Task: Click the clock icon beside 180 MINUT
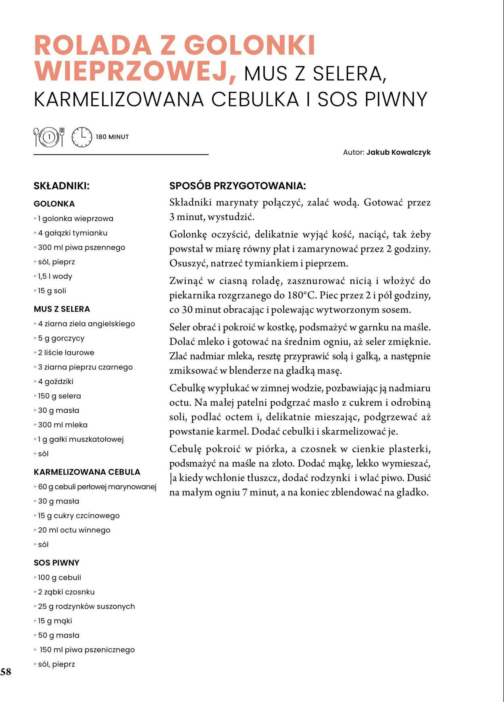[x=82, y=137]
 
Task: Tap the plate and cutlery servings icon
[x=49, y=137]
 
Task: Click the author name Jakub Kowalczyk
[x=398, y=153]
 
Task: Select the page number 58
[x=6, y=671]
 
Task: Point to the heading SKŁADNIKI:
[x=61, y=186]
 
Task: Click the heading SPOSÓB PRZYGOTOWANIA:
[x=237, y=186]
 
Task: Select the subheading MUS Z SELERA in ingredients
[x=62, y=309]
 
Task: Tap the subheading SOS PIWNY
[x=56, y=563]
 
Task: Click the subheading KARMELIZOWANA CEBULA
[x=87, y=472]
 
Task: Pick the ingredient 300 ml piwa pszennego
[x=81, y=248]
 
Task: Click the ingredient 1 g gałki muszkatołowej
[x=80, y=439]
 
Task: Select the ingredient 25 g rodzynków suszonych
[x=86, y=606]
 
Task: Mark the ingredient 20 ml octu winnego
[x=74, y=530]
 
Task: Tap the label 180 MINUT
[x=112, y=137]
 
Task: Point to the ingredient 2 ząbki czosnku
[x=66, y=592]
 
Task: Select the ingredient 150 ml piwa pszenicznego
[x=87, y=650]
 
